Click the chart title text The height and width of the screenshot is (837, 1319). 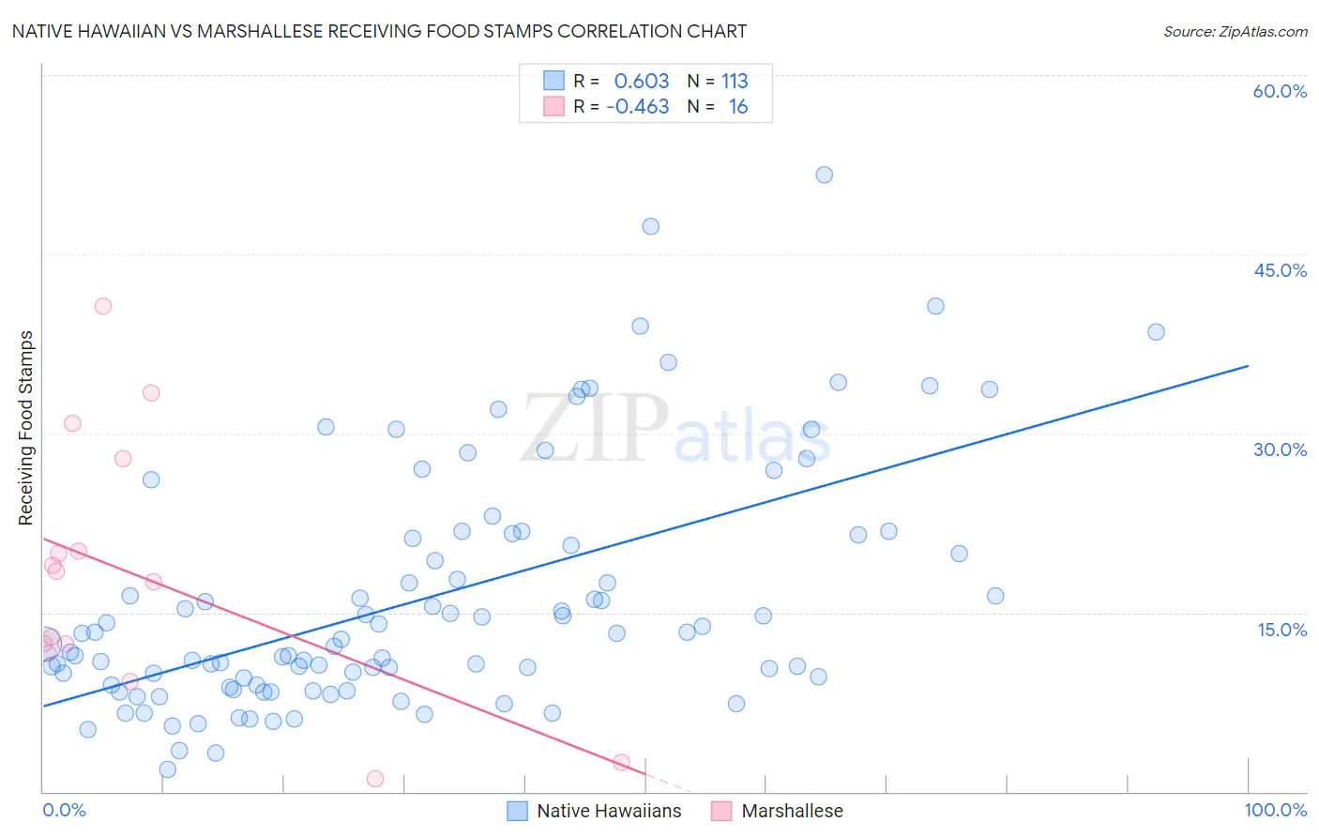[x=379, y=31]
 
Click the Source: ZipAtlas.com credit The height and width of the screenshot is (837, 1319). [x=1235, y=31]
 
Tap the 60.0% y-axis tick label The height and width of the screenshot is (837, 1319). [x=1280, y=91]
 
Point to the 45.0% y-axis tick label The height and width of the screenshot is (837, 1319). [x=1280, y=270]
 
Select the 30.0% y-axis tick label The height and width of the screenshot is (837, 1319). [x=1280, y=449]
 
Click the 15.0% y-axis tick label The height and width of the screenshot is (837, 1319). [x=1281, y=630]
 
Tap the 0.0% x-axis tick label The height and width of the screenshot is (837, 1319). [x=64, y=810]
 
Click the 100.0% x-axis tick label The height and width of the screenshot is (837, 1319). [x=1276, y=810]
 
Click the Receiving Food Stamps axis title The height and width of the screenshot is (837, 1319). [x=25, y=428]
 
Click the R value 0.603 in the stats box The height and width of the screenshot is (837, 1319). [x=642, y=82]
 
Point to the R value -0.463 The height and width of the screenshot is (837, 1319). [x=638, y=107]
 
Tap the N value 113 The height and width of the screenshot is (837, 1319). [x=735, y=82]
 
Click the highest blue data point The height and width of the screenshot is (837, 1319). [x=824, y=175]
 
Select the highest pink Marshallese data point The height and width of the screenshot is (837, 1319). [x=103, y=306]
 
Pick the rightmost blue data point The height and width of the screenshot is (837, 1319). [x=1156, y=332]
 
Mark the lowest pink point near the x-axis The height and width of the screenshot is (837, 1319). [x=375, y=779]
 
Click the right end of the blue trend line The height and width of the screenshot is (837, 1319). [x=1248, y=366]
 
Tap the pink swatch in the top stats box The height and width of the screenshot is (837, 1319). [x=554, y=106]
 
